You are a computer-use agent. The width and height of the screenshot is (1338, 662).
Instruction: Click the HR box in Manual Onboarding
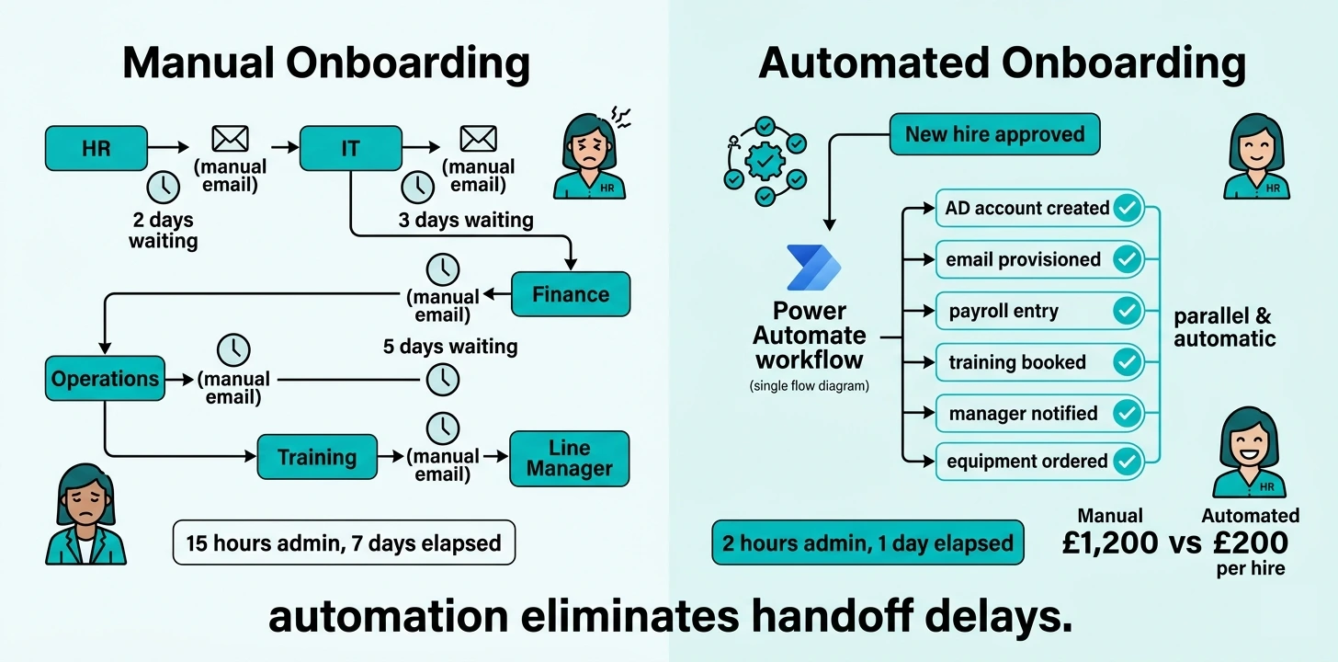click(96, 148)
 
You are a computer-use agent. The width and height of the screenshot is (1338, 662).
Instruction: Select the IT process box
click(350, 148)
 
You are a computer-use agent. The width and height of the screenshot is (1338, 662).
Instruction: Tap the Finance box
click(571, 294)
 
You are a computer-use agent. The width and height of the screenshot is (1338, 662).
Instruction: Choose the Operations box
click(105, 379)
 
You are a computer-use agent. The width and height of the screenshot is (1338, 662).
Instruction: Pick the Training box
click(317, 457)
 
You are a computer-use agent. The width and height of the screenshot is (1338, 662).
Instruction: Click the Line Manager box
click(569, 459)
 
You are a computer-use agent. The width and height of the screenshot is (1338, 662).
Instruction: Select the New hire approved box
click(994, 134)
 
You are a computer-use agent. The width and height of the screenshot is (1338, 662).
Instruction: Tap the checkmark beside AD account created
click(1127, 209)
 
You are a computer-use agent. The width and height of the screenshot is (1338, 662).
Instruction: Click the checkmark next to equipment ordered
click(1127, 460)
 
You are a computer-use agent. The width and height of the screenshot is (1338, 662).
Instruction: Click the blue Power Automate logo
click(812, 268)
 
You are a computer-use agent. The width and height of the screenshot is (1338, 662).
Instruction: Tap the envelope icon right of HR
click(230, 139)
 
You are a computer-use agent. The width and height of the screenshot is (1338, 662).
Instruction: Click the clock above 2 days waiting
click(164, 187)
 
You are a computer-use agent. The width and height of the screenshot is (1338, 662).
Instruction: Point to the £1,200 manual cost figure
click(1110, 542)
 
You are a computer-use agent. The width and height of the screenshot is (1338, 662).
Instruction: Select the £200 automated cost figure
click(1250, 542)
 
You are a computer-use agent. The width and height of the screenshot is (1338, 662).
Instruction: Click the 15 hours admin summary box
click(344, 542)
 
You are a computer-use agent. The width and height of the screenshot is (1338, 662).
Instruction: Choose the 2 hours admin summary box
click(867, 542)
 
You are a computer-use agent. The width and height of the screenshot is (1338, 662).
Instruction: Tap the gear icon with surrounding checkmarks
click(765, 162)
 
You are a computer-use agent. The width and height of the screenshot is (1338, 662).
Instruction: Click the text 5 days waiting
click(450, 347)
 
